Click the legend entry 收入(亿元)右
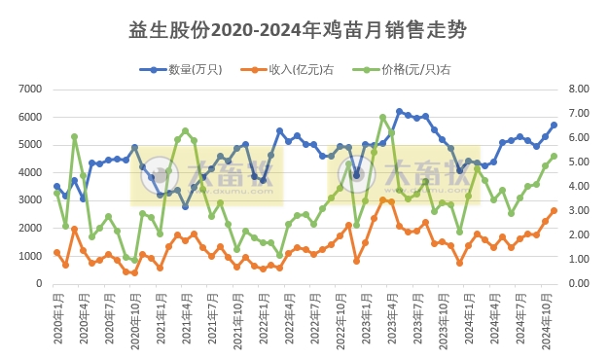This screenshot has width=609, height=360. [x=300, y=69]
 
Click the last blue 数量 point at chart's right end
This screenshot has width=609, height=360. [x=555, y=125]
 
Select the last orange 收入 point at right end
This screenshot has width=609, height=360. [x=555, y=210]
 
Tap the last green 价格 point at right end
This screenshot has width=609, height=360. [x=555, y=156]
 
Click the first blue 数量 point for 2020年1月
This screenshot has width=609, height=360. [x=56, y=186]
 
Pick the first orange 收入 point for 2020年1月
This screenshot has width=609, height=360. [x=56, y=252]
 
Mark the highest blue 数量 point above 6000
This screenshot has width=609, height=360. [x=400, y=112]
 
